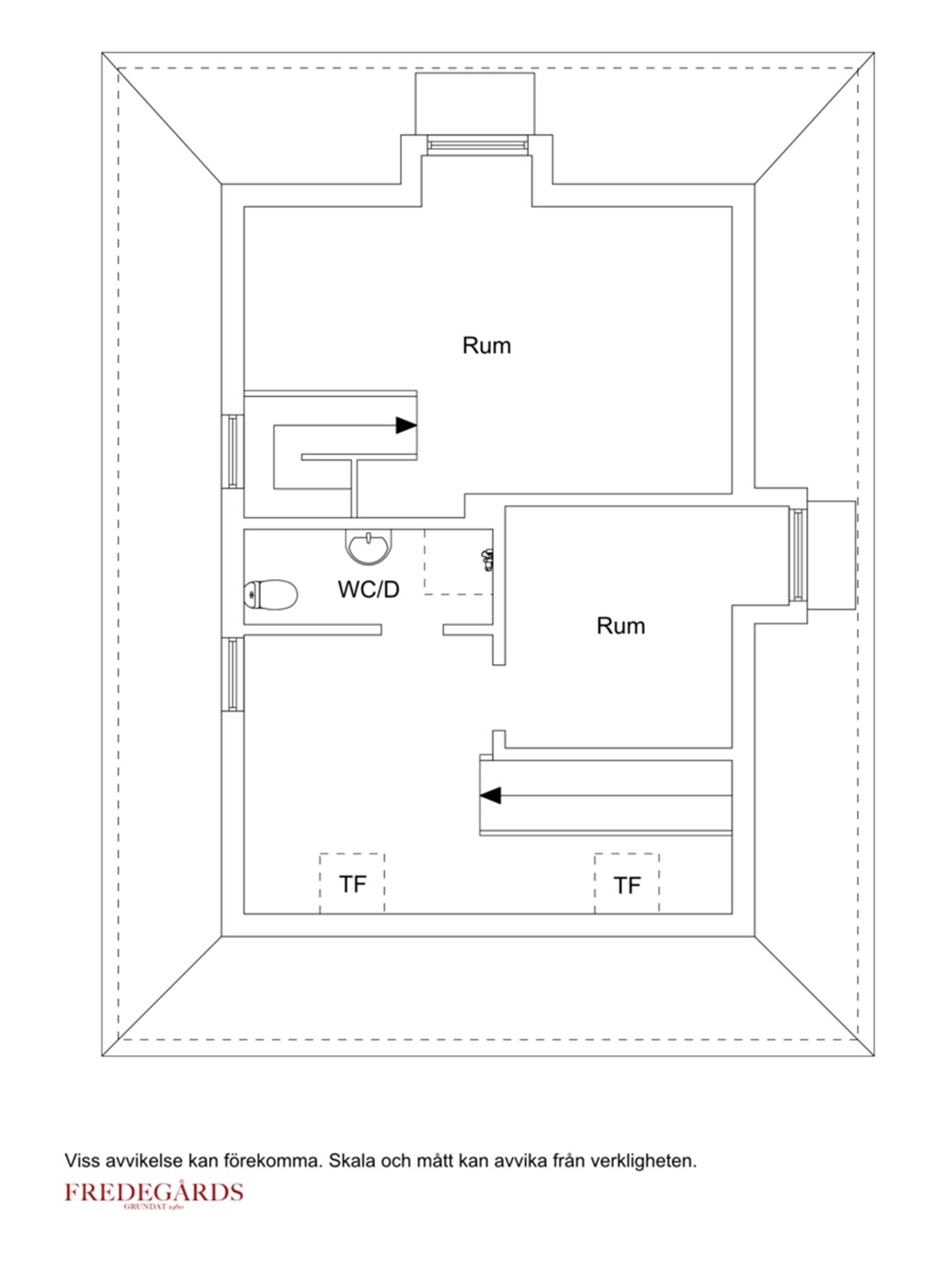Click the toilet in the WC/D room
(x=270, y=595)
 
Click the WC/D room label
(x=368, y=590)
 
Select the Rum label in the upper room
(x=486, y=345)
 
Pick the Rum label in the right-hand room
(x=620, y=626)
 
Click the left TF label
(x=352, y=884)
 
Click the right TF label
(x=627, y=886)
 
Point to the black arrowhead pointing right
(x=406, y=426)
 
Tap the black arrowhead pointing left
(x=490, y=795)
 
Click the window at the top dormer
(x=476, y=145)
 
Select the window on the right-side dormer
(x=798, y=554)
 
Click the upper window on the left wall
(x=233, y=451)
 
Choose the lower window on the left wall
(x=233, y=673)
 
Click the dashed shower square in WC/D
(x=458, y=562)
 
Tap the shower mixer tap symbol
(x=487, y=559)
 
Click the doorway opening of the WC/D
(x=412, y=629)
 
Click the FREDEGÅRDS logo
(x=154, y=1193)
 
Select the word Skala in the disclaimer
(x=351, y=1160)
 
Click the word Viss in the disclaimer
(x=82, y=1160)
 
